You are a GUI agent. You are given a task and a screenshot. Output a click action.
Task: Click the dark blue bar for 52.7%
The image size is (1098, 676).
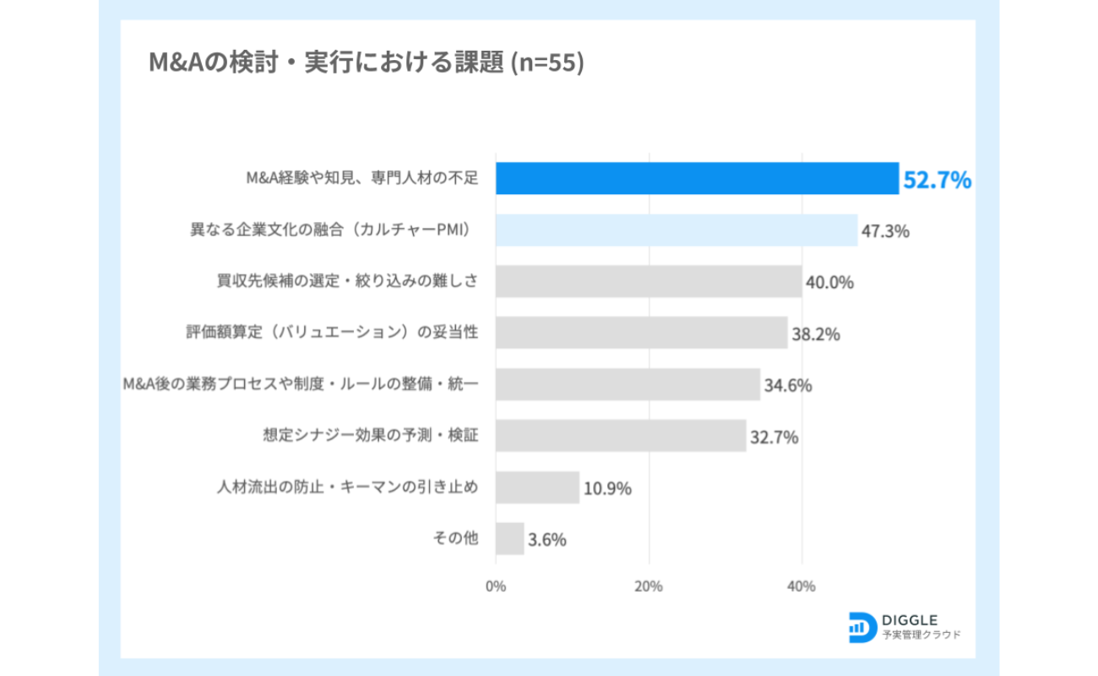(x=697, y=178)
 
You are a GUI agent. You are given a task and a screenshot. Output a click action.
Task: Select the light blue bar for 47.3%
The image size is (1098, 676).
(x=676, y=230)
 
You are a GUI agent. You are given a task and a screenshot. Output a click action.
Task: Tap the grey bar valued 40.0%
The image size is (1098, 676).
(x=649, y=281)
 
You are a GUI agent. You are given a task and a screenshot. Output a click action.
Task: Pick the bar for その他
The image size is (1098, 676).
(x=509, y=538)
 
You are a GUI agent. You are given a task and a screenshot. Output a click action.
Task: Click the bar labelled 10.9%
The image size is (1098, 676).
(x=537, y=488)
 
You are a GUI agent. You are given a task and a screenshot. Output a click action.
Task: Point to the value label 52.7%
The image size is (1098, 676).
(x=938, y=180)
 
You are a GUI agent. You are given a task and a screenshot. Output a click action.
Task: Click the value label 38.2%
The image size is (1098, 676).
(x=815, y=334)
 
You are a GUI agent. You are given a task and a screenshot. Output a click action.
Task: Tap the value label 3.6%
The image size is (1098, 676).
(x=546, y=539)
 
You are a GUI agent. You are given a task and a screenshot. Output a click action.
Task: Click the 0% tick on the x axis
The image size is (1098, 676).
(x=496, y=586)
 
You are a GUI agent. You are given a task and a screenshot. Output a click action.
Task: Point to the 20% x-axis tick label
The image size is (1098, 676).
(x=649, y=586)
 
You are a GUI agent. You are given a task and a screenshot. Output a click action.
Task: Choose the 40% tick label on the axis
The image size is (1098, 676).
(x=802, y=586)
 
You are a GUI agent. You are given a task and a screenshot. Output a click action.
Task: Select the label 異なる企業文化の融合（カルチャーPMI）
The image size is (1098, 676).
(x=330, y=230)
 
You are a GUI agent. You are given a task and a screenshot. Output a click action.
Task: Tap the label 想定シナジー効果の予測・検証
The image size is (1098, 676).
(x=371, y=436)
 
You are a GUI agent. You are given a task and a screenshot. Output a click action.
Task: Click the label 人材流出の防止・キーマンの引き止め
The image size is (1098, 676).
(x=348, y=488)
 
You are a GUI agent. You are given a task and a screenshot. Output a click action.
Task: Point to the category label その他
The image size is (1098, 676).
(x=456, y=538)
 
